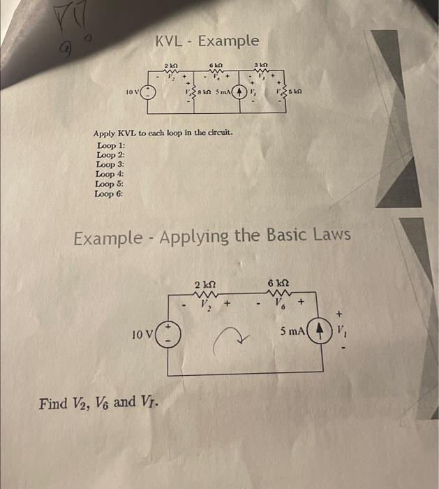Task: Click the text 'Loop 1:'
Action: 106,145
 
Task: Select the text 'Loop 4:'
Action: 106,174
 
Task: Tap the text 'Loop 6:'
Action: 106,194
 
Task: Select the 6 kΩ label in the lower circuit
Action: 278,283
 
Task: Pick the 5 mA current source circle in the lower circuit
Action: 318,331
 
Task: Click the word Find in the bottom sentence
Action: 53,404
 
